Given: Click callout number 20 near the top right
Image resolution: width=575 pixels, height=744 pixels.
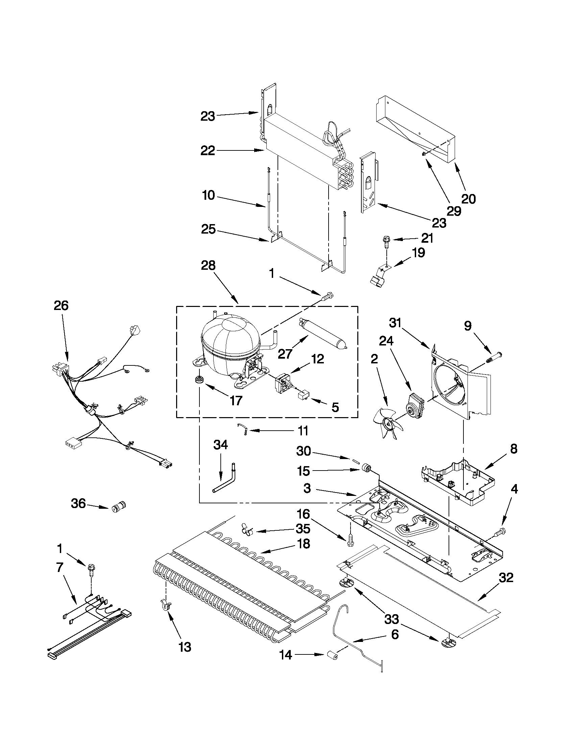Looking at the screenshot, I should [x=468, y=199].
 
